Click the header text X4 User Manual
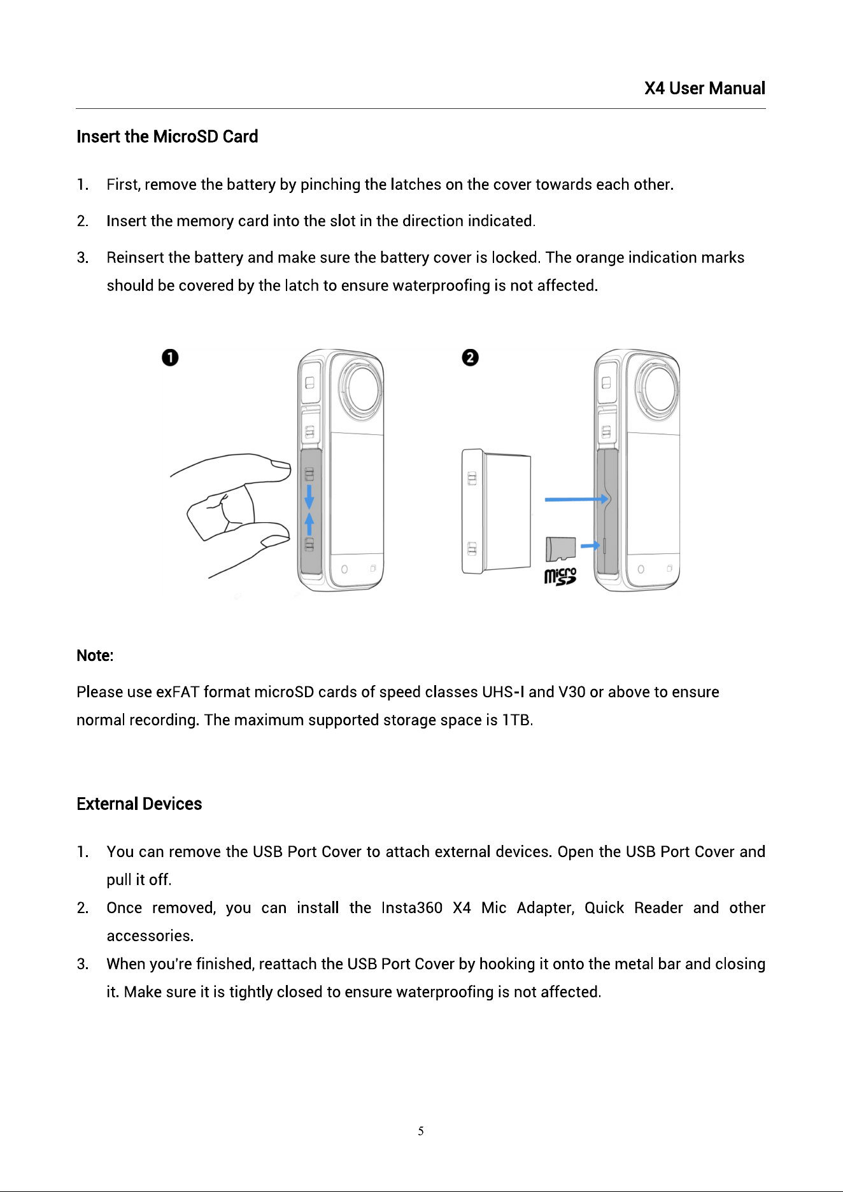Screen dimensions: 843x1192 pyautogui.click(x=704, y=88)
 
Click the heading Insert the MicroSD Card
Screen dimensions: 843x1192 pyautogui.click(x=167, y=136)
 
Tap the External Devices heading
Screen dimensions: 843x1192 pyautogui.click(x=139, y=804)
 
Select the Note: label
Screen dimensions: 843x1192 pyautogui.click(x=95, y=655)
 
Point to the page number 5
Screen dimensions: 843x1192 pyautogui.click(x=421, y=1131)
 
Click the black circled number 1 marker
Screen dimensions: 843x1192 pyautogui.click(x=170, y=357)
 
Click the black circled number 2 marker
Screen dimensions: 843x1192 pyautogui.click(x=470, y=357)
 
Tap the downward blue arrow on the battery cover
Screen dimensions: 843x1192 pyautogui.click(x=309, y=497)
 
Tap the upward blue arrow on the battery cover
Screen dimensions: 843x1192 pyautogui.click(x=309, y=525)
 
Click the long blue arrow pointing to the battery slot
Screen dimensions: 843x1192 pyautogui.click(x=576, y=499)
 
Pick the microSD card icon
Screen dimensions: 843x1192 pyautogui.click(x=560, y=549)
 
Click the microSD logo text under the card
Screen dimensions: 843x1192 pyautogui.click(x=560, y=576)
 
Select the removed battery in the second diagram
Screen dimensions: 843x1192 pyautogui.click(x=497, y=513)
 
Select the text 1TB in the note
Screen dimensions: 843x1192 pyautogui.click(x=516, y=720)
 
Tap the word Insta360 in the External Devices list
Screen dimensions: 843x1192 pyautogui.click(x=412, y=907)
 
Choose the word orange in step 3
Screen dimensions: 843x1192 pyautogui.click(x=600, y=258)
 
